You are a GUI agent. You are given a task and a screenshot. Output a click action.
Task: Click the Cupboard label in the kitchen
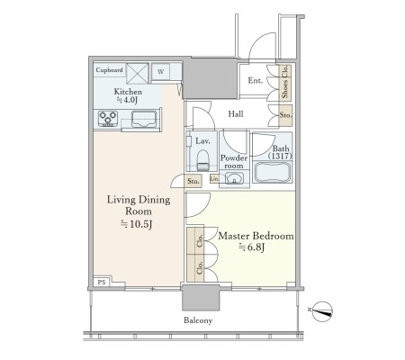tap(109, 70)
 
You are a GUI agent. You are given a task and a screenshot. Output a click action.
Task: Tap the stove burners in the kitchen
tap(108, 118)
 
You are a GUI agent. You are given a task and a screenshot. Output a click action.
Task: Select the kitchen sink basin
tap(144, 119)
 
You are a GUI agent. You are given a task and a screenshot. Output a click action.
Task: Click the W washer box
tap(161, 72)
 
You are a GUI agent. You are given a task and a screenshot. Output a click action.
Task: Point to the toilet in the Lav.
tap(203, 160)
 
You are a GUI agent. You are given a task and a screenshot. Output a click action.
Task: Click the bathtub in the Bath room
tap(273, 172)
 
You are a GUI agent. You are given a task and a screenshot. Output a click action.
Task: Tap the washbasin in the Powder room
tap(234, 179)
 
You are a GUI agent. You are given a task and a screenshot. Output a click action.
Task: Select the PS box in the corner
tap(102, 282)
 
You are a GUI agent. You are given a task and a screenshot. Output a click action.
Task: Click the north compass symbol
tap(322, 311)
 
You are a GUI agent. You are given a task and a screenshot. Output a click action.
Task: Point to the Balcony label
tap(198, 320)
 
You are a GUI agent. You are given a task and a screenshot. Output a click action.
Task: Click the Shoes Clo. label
tap(285, 82)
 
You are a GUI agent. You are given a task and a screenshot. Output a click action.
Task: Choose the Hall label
tap(236, 114)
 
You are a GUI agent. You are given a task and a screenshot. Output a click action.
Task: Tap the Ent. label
tap(256, 80)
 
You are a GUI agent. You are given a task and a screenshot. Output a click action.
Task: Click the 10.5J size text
tap(137, 224)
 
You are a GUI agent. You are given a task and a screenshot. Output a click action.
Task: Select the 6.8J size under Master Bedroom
tap(251, 247)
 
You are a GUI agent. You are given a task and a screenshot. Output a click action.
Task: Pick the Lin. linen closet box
tap(214, 179)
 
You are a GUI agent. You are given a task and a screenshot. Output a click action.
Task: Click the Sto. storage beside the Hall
tap(285, 115)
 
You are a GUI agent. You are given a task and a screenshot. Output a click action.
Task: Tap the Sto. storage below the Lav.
tap(193, 181)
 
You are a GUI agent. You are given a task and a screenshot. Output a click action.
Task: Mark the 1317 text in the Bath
tap(280, 156)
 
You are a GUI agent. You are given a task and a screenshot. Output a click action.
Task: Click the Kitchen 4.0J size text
tap(127, 100)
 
